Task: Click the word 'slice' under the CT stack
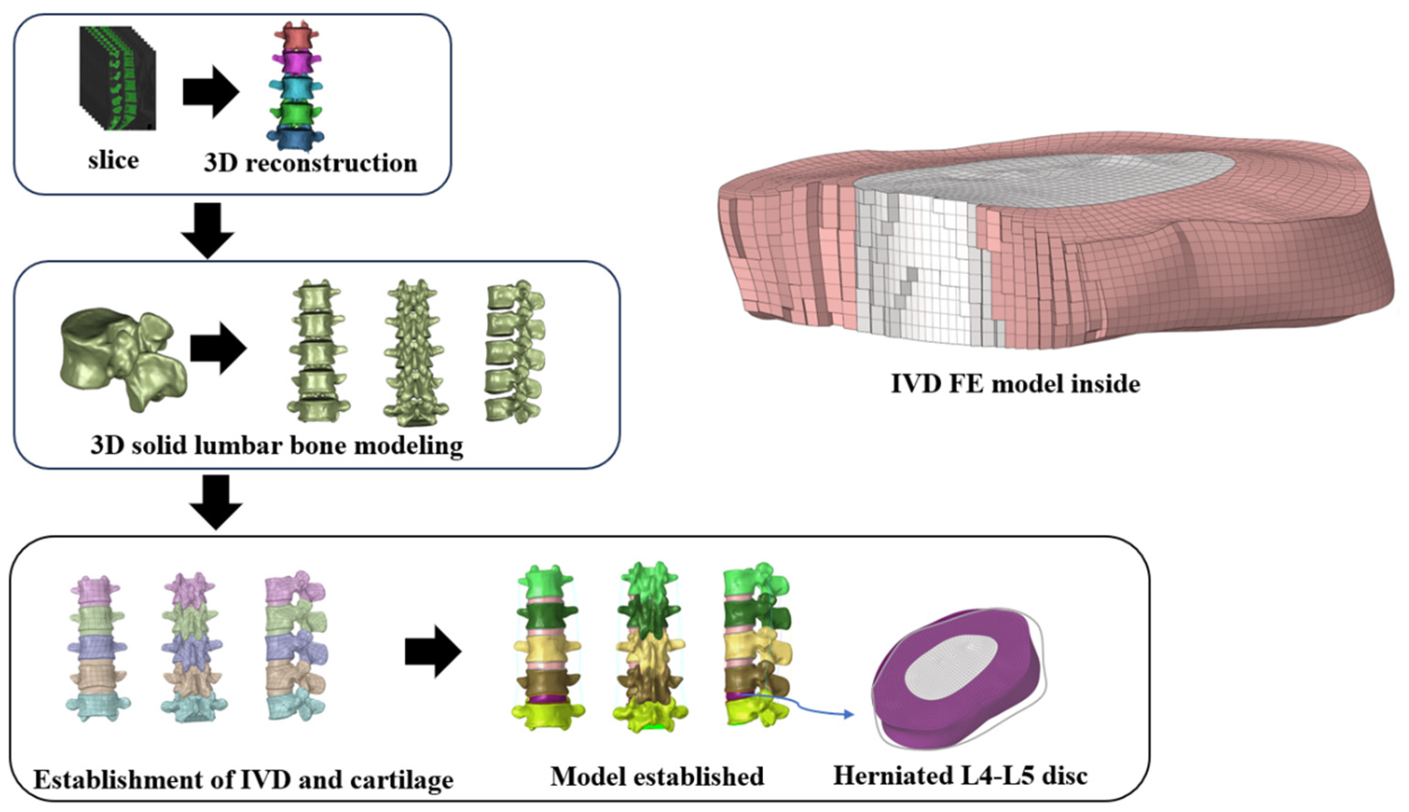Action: pos(113,161)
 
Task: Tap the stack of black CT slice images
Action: pos(118,78)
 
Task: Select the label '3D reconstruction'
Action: pos(310,164)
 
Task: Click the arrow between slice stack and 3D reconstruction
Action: pos(210,92)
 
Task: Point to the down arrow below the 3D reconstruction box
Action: pos(208,230)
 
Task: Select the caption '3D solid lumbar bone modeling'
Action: pos(277,445)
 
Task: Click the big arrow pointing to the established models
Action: pos(432,651)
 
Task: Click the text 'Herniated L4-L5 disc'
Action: pos(960,776)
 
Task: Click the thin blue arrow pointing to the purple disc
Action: pos(804,704)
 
